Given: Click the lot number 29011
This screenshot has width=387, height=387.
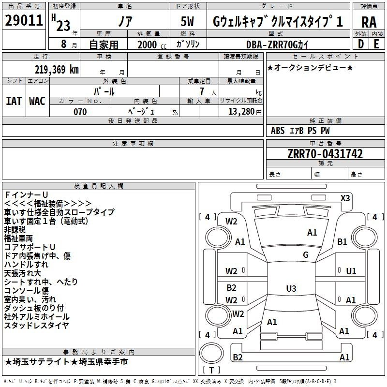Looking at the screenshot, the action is (x=24, y=20).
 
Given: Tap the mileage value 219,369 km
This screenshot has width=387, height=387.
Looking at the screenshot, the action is (x=57, y=70).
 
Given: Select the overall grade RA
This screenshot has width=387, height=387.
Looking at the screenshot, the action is (x=369, y=22).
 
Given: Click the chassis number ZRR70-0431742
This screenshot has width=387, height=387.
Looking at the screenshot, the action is (x=325, y=154).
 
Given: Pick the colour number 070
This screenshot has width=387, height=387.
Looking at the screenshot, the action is (x=80, y=112).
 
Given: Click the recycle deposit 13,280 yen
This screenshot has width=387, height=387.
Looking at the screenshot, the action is (x=245, y=112).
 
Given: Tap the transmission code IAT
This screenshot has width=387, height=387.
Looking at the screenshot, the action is (x=14, y=101).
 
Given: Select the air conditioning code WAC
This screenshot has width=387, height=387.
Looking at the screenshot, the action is (x=37, y=101).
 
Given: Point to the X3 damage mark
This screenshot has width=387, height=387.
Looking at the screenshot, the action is (x=345, y=198).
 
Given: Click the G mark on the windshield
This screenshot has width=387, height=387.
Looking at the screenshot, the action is (x=306, y=255).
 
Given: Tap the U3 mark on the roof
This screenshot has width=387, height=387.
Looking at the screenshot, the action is (x=291, y=288).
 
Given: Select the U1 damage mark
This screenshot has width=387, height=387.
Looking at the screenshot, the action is (x=351, y=271).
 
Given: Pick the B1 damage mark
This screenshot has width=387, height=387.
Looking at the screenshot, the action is (x=342, y=241).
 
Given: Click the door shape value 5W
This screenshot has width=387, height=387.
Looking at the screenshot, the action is (x=187, y=21).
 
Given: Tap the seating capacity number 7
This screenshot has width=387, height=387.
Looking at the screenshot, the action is (x=202, y=91).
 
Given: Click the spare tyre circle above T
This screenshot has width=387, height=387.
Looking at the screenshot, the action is (x=211, y=353).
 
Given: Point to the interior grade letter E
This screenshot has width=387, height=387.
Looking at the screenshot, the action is (x=376, y=44).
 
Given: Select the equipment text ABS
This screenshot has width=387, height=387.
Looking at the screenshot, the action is (x=278, y=131).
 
